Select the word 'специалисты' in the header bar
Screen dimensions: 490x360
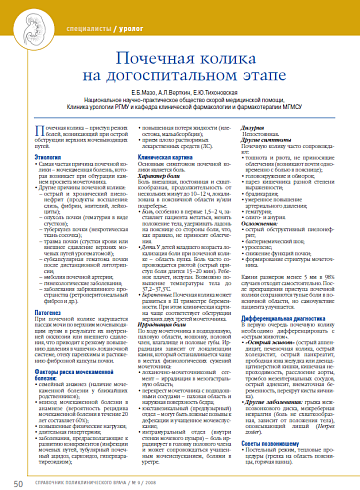click(x=97, y=30)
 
